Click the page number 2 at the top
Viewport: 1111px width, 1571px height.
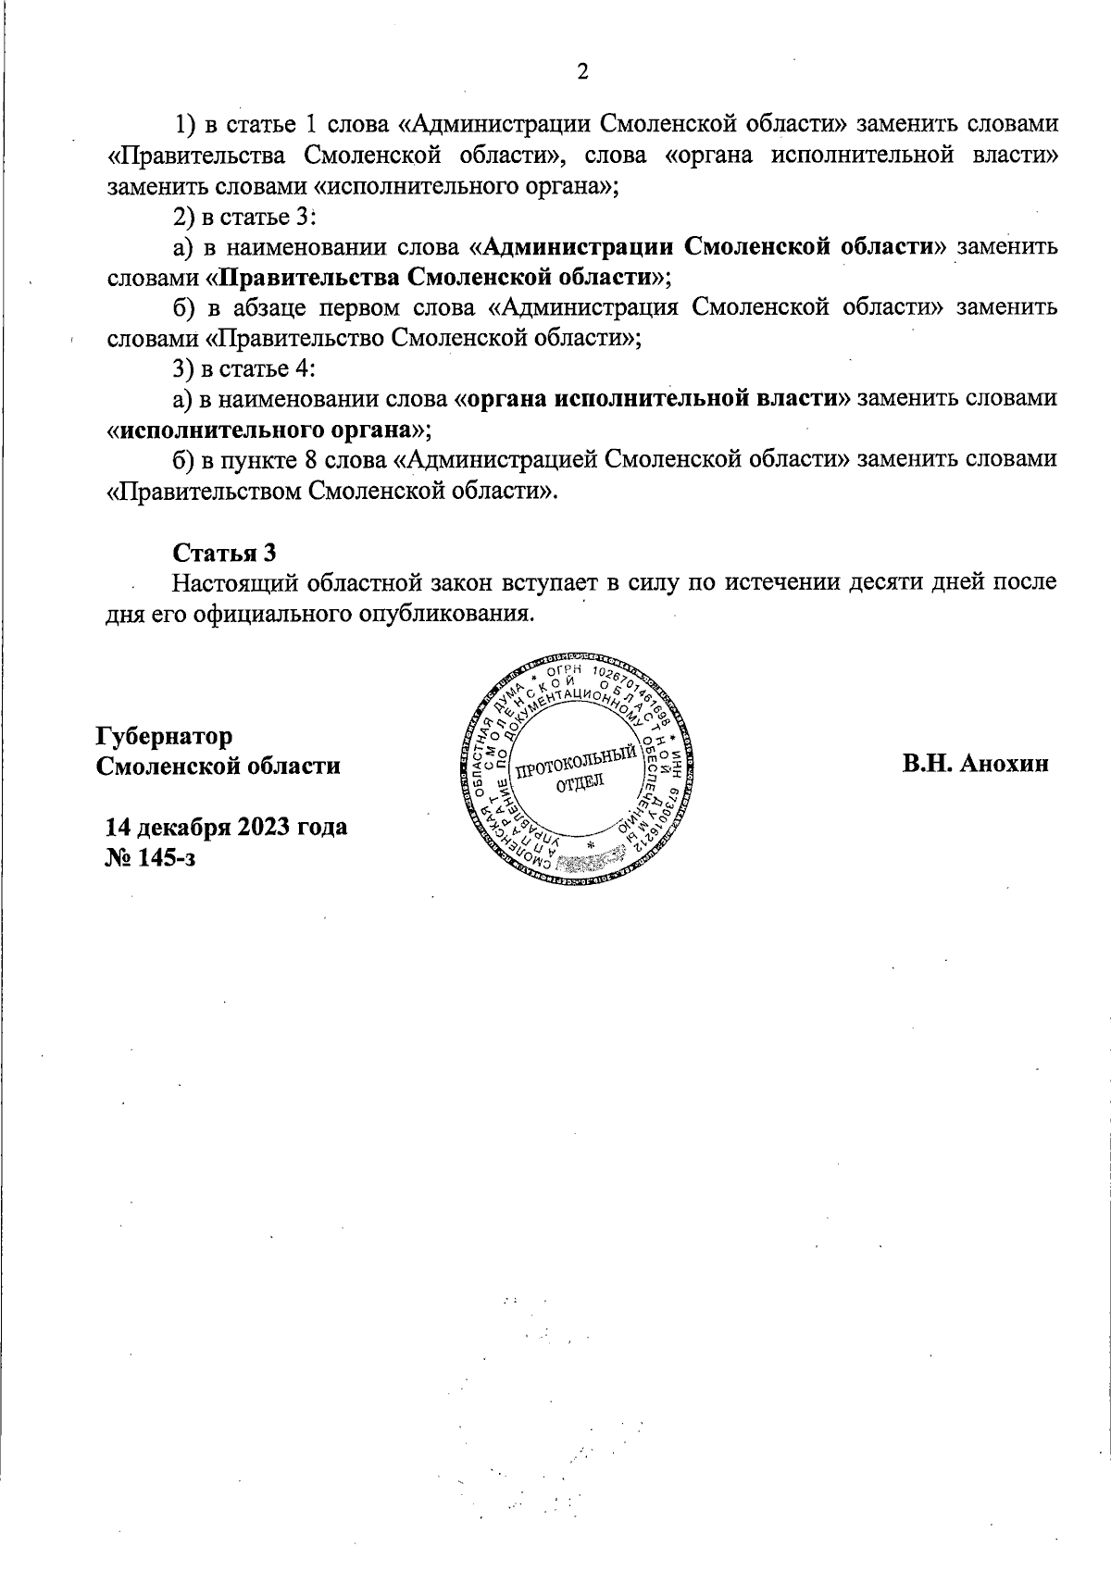tap(582, 72)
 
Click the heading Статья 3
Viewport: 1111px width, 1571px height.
tap(225, 553)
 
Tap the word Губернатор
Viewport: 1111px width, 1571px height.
tap(164, 736)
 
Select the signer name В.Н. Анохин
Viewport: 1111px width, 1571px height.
tap(977, 765)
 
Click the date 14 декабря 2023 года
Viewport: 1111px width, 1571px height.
tap(227, 826)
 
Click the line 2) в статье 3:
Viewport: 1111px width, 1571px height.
tap(245, 216)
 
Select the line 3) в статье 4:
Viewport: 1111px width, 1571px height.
tap(245, 368)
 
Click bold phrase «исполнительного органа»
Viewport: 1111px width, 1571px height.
tap(268, 430)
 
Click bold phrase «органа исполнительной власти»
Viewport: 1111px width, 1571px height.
tap(653, 399)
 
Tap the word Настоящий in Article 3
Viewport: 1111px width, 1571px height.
tap(232, 583)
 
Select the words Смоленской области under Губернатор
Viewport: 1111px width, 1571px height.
tap(218, 767)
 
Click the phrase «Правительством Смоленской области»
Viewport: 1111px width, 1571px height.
tap(333, 491)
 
